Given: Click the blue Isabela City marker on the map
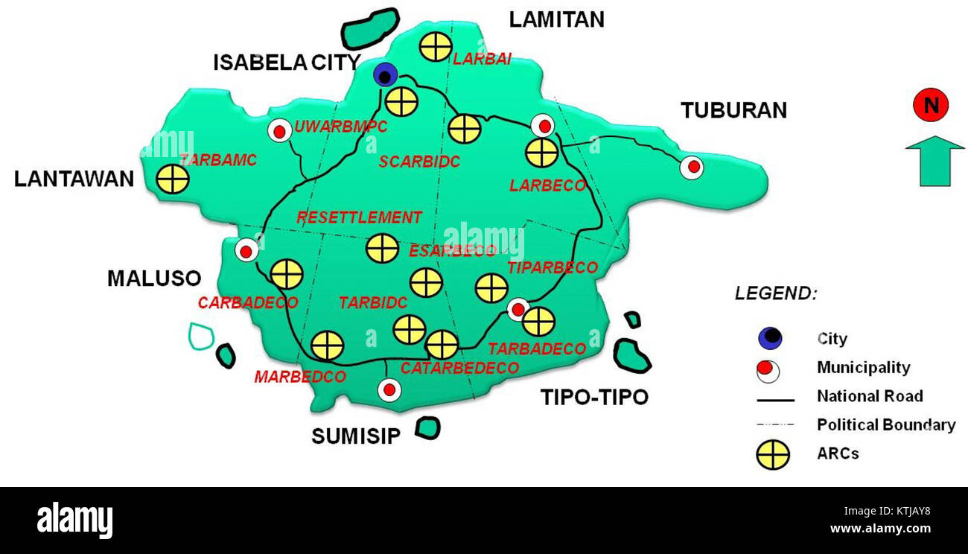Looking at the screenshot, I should pos(385,75).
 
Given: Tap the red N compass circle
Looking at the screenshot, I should pos(931,106).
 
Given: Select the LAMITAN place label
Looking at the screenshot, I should pos(556,19).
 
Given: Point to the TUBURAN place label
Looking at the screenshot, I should pos(733,110).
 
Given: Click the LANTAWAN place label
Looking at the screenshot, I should pos(74,179).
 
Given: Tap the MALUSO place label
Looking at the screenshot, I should pos(154,278).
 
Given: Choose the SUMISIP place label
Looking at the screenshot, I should pos(356,436).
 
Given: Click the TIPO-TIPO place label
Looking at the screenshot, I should pos(593,397).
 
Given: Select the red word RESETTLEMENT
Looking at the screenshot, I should pos(359,217).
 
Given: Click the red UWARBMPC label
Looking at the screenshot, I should pos(340,127).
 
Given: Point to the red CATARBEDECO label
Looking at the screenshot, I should pos(459,368).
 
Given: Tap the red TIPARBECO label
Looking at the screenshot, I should pos(552,267).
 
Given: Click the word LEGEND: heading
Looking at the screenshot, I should pos(775,293).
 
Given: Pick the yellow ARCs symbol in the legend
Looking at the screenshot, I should pos(773,454).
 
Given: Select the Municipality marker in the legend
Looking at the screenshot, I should pos(769,369).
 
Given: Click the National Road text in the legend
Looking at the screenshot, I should pos(870,396).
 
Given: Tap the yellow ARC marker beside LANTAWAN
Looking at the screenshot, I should pos(173,179).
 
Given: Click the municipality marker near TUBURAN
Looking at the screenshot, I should pos(692,168).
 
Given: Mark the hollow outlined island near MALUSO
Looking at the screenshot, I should pos(200,337).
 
